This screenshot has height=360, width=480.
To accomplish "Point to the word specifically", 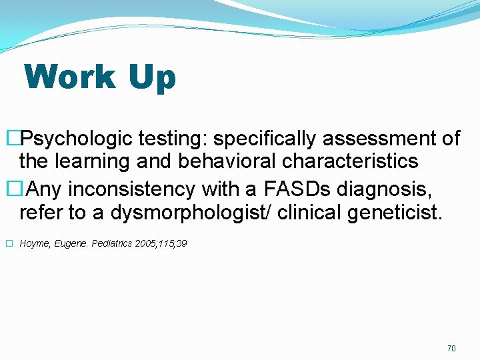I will (x=265, y=139).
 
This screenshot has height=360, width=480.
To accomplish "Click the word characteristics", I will (x=351, y=161).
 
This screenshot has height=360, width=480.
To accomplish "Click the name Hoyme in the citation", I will (x=35, y=244).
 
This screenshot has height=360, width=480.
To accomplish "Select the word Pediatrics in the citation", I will (x=110, y=244).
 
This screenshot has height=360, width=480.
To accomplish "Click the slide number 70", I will (x=451, y=349).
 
